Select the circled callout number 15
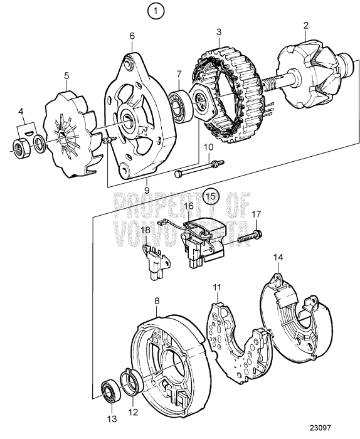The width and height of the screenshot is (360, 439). pyautogui.click(x=211, y=195)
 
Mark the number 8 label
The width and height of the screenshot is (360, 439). pyautogui.click(x=157, y=301)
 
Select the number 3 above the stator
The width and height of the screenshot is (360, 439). pyautogui.click(x=218, y=32)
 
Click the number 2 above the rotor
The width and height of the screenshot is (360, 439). pyautogui.click(x=306, y=26)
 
